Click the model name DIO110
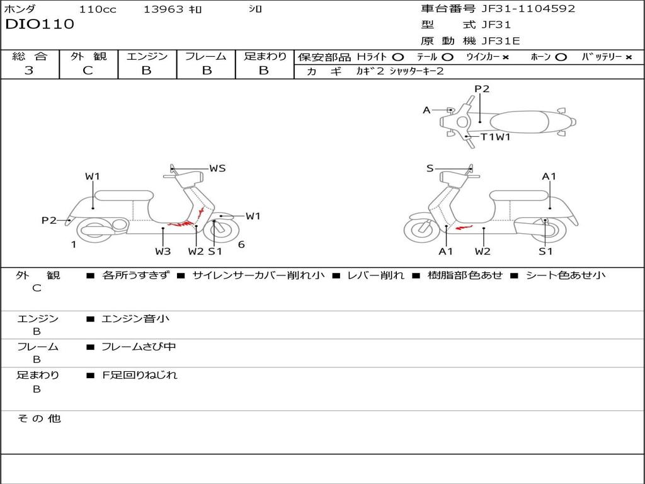40,25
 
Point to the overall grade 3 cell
29,71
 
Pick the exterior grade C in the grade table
88,71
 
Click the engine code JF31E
500,42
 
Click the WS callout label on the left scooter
217,168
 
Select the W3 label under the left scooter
163,251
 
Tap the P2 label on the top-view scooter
482,89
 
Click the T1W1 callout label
495,137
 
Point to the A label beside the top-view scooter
426,110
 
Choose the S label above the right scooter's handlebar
430,168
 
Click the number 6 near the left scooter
241,245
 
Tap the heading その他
39,418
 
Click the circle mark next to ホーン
561,57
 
